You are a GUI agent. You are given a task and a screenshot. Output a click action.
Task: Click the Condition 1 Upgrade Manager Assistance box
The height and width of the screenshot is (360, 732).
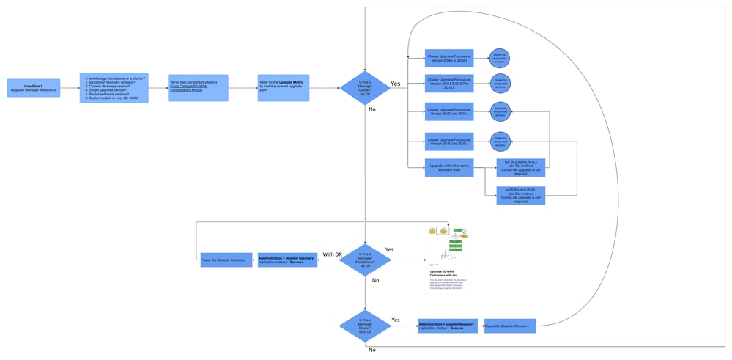click(x=34, y=88)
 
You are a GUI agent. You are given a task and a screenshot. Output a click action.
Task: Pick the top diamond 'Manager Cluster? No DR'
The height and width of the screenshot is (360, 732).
click(x=365, y=87)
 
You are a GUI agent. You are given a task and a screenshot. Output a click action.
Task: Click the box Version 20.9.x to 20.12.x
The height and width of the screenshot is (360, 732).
click(x=449, y=58)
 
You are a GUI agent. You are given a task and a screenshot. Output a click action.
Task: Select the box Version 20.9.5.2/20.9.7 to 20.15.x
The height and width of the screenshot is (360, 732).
click(x=449, y=84)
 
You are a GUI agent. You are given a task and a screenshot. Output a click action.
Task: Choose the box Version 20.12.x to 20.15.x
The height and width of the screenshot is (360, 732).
click(x=449, y=111)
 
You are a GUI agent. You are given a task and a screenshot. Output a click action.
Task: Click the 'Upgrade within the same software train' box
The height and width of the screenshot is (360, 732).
click(x=449, y=168)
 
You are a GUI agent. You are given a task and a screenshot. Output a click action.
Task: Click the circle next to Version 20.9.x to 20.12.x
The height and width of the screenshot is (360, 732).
click(x=500, y=58)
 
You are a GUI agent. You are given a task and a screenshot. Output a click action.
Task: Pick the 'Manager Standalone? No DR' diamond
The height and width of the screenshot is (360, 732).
click(x=365, y=261)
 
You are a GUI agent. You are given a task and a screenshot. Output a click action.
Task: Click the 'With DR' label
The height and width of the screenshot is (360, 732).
click(x=333, y=254)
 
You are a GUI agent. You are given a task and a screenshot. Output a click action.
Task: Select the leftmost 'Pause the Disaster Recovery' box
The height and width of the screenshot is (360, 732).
click(x=223, y=260)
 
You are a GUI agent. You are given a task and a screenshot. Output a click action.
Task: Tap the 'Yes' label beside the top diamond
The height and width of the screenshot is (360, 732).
click(x=396, y=84)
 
